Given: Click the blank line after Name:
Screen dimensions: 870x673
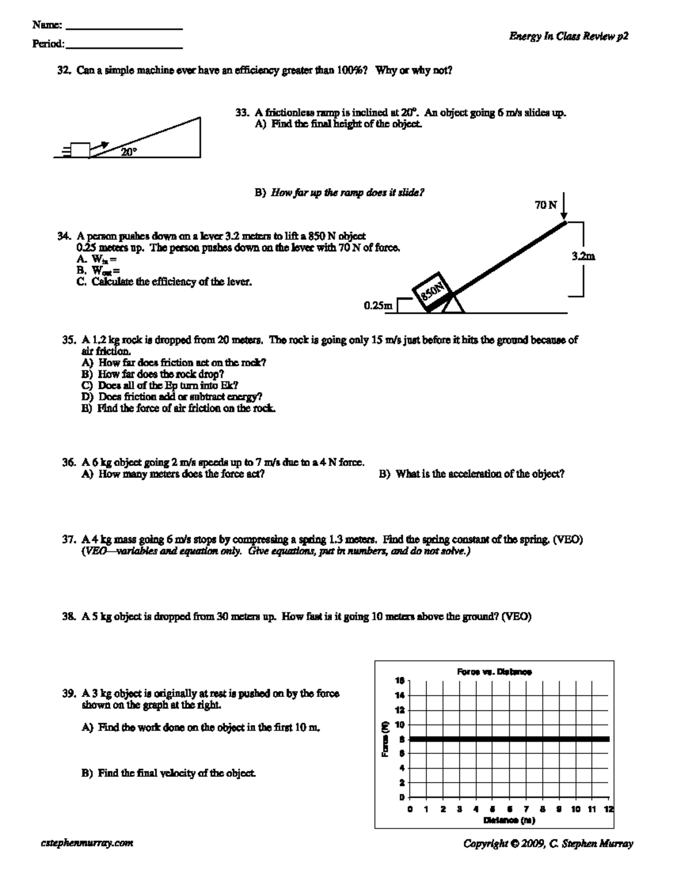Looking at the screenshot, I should coord(125,29).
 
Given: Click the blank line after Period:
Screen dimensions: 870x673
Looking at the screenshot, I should coord(125,48).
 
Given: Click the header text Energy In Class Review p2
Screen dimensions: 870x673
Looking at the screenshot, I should coord(568,36).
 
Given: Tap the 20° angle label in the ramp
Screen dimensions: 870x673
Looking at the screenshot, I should coord(129,152).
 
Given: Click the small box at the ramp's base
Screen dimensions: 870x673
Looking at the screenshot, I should coord(79,150).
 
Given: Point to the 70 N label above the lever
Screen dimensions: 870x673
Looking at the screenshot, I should coord(546,205).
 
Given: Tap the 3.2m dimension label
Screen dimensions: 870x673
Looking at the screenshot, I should coord(583,257).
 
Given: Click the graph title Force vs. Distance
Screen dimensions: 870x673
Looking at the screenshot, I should coord(494,671).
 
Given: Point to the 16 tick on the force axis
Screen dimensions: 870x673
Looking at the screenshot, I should coord(400,681).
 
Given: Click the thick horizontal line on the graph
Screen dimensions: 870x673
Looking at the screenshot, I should coord(509,739).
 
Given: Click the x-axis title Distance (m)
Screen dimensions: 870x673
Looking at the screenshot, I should coord(509,821).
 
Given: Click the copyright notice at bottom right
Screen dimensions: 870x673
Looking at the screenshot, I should coord(548,843).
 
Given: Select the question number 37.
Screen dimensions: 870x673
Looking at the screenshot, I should coord(68,540).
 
